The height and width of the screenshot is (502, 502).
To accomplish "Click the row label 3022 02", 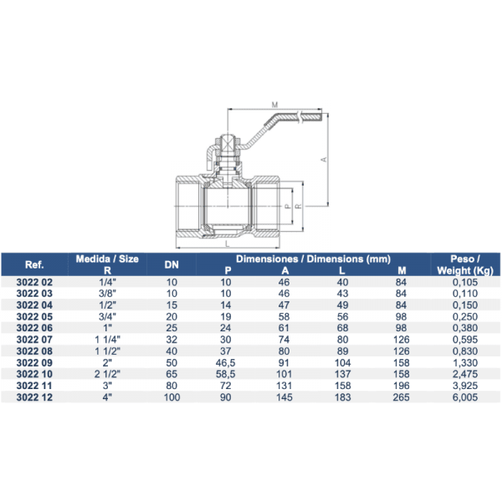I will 34,283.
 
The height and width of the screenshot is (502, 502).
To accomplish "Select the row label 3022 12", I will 34,397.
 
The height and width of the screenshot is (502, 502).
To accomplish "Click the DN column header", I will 172,264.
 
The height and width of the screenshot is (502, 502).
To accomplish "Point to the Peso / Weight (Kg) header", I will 455,264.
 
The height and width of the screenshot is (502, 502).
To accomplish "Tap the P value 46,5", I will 226,363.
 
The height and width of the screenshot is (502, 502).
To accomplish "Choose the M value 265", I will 401,397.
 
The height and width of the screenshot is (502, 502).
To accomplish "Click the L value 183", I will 342,397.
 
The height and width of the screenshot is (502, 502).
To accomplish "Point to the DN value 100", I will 172,397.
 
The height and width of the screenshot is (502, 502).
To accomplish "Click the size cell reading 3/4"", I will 105,317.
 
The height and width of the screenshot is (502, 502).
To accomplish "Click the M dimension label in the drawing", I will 274,105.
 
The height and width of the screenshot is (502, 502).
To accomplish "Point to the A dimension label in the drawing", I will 322,157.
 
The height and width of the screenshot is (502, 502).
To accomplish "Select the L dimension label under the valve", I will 227,244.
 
